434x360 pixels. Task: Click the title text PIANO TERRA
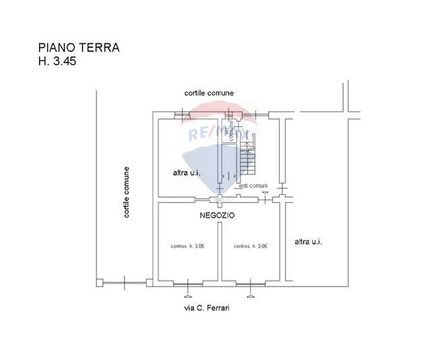[79, 48]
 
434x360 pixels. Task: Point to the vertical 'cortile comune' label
[126, 193]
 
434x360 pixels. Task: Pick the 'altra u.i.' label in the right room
[309, 241]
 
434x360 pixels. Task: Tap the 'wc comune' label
[230, 131]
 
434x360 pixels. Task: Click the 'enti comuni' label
[253, 186]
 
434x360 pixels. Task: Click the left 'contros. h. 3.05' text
[187, 247]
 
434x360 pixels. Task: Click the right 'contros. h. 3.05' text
[251, 247]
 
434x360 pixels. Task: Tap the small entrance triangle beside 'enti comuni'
[266, 193]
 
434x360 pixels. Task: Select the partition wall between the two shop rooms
[220, 243]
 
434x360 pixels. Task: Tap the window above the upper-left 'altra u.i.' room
[183, 114]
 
